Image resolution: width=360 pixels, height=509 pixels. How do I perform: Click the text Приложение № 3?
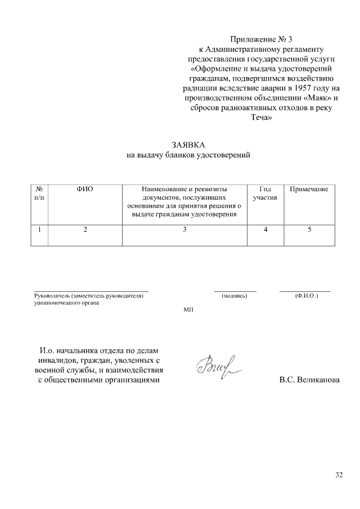click(x=262, y=39)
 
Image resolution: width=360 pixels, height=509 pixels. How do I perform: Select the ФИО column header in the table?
click(x=84, y=190)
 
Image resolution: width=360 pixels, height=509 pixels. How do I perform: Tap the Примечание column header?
click(x=309, y=190)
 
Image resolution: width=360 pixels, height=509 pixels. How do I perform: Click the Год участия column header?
click(x=265, y=193)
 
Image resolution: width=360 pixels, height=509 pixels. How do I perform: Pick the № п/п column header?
click(x=39, y=193)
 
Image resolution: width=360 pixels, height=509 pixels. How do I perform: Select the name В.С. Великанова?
click(x=309, y=380)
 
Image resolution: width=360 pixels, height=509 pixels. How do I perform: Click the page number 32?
click(x=339, y=475)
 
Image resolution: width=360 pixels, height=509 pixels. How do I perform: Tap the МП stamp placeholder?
click(x=188, y=310)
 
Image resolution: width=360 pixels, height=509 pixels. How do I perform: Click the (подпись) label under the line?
click(x=235, y=295)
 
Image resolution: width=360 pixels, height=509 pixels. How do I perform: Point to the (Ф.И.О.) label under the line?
click(x=306, y=295)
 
